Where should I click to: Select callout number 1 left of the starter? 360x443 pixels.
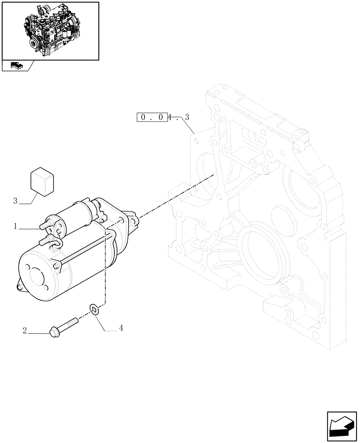16,226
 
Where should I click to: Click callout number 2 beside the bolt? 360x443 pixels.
25,330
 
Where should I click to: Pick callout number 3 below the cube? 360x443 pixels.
16,201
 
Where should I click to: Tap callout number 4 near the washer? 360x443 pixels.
121,328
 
